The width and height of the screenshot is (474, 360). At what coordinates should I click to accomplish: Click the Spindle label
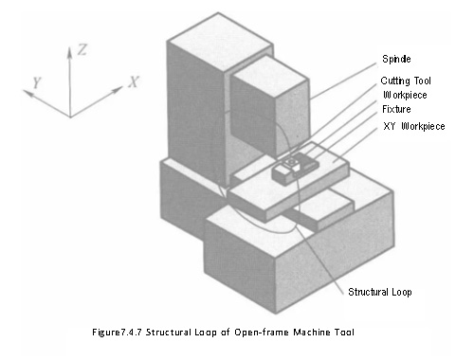coord(396,59)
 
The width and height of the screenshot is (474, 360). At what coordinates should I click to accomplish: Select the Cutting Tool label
coord(406,81)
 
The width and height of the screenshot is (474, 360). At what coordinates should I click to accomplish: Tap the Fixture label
coord(396,109)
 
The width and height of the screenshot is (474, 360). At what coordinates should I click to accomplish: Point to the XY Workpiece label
coord(414,126)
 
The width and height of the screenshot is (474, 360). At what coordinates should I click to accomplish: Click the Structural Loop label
coord(380,292)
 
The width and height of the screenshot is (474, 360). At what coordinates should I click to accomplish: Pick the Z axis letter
coord(82,49)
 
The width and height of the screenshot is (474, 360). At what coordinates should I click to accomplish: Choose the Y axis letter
coord(37,82)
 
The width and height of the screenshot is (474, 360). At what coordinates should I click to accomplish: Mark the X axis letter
coord(134,81)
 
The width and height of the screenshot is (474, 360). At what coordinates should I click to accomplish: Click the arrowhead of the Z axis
coord(70,52)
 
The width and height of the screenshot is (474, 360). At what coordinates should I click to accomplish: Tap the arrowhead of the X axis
coord(118,90)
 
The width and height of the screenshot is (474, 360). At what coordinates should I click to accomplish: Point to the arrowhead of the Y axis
coord(28,93)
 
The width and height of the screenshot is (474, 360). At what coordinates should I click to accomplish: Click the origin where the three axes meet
coord(70,117)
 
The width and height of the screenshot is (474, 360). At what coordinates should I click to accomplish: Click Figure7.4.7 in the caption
coord(117,333)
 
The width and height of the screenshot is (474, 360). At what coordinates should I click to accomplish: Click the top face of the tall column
coord(219,39)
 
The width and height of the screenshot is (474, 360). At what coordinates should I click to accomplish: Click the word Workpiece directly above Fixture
coord(405,95)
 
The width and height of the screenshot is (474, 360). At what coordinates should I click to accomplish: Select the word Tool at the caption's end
coord(345,333)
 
